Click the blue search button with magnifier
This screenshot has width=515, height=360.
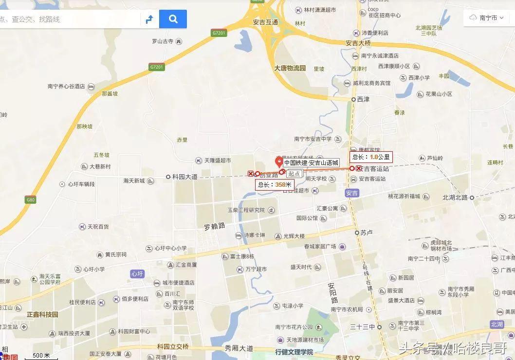tap(173, 19)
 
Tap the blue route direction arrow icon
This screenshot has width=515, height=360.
tap(149, 19)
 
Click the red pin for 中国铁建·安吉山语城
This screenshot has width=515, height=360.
tap(279, 162)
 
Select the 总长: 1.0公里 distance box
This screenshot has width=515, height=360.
tap(371, 157)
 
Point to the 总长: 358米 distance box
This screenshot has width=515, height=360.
tap(275, 185)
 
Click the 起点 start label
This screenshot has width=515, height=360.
tap(294, 174)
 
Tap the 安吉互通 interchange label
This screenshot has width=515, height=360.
tap(265, 22)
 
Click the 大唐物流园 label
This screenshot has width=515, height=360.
tap(290, 68)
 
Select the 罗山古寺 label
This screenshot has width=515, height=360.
tap(163, 41)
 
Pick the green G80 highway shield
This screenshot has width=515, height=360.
tap(31, 199)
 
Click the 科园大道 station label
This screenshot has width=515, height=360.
tap(185, 177)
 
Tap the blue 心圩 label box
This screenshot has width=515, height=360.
tap(137, 274)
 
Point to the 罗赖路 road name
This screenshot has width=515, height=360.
tap(214, 226)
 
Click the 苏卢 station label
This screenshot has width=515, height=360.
tap(367, 233)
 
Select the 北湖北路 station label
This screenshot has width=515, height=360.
tap(455, 198)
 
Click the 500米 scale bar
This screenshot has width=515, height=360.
tap(41, 356)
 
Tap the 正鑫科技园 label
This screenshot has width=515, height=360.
tap(42, 315)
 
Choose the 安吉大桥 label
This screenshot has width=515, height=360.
tap(359, 43)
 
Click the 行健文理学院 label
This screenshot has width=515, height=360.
tap(294, 352)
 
